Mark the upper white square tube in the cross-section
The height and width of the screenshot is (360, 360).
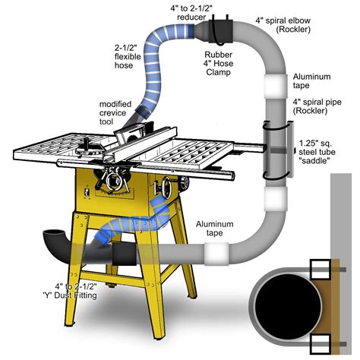click(320, 268)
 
